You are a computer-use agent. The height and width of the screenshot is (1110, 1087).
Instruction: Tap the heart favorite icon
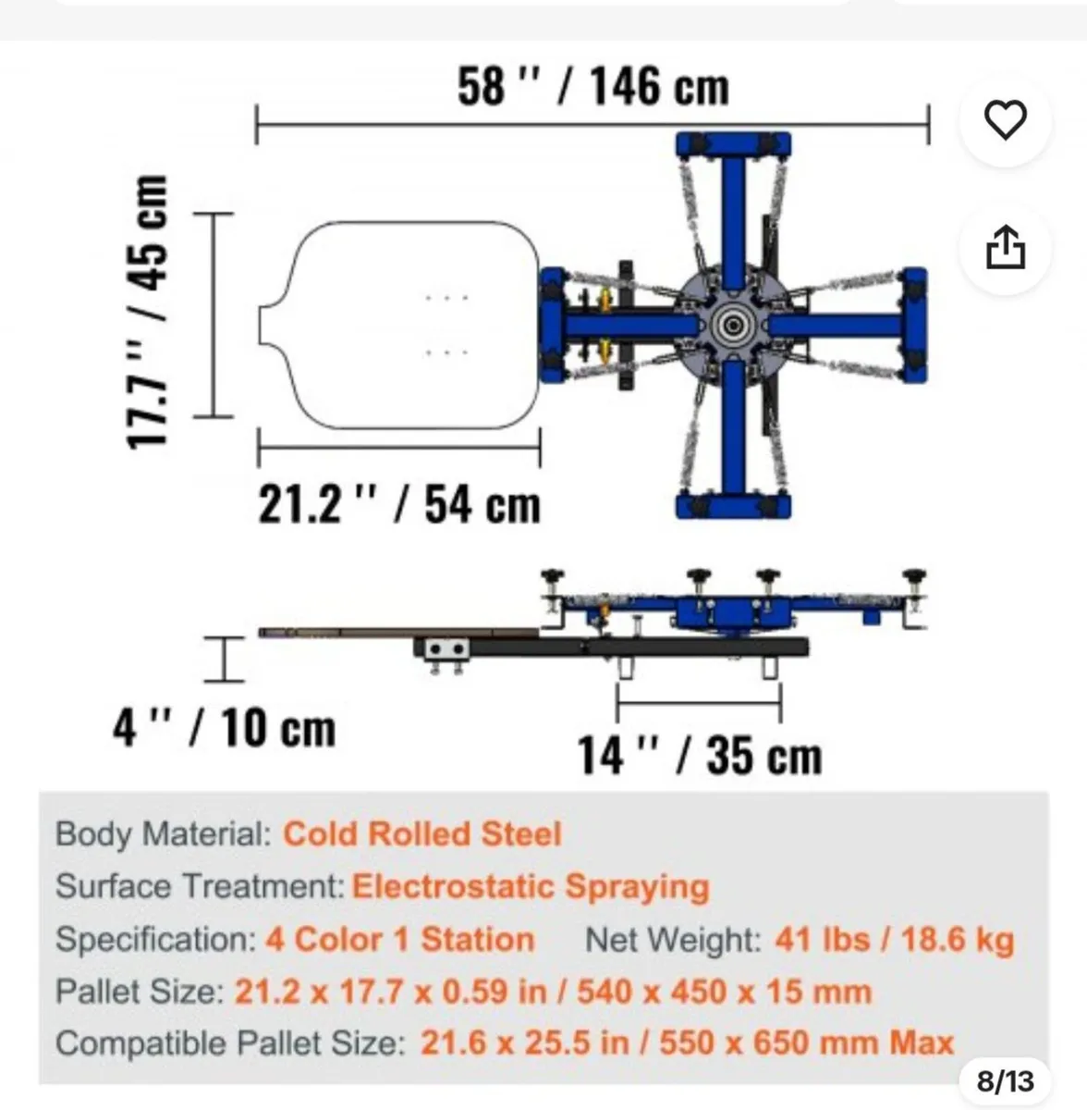(x=1006, y=119)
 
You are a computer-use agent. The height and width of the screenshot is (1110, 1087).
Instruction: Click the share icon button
(x=1006, y=247)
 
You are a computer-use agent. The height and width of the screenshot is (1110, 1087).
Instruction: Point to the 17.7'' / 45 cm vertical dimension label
(x=147, y=312)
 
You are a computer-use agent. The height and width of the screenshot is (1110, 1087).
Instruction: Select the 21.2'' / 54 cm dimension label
(x=399, y=505)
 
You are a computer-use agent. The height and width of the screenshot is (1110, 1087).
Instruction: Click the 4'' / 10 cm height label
(x=224, y=728)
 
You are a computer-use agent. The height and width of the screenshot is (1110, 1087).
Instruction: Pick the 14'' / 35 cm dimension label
(x=699, y=755)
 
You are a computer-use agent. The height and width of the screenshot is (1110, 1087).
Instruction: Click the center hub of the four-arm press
(x=732, y=326)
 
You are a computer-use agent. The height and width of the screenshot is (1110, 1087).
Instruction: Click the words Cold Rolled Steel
(x=422, y=833)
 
